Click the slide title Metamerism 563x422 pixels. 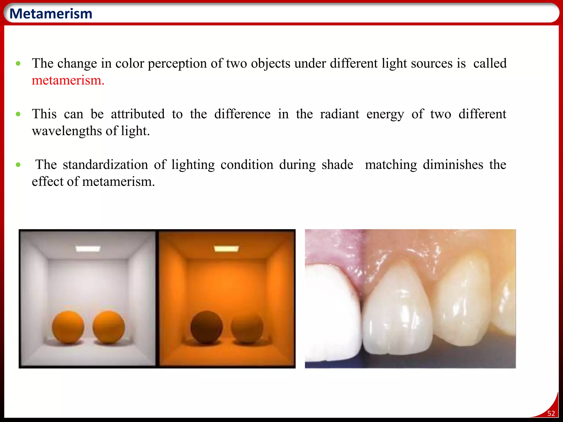point(51,14)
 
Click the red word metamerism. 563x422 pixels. point(68,80)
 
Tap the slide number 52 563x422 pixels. point(551,413)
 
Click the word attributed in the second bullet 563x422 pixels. point(138,114)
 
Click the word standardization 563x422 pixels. point(105,165)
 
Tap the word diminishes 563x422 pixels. point(453,165)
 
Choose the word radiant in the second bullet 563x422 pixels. point(340,114)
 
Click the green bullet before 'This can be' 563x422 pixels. point(18,114)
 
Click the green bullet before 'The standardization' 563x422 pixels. point(18,165)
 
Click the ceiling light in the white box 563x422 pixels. point(88,249)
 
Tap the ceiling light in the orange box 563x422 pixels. point(226,249)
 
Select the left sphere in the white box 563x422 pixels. point(68,327)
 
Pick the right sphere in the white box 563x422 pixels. point(109,327)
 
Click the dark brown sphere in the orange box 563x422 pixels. point(206,327)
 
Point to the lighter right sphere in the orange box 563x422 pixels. point(247,327)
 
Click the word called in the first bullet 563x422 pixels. point(490,63)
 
